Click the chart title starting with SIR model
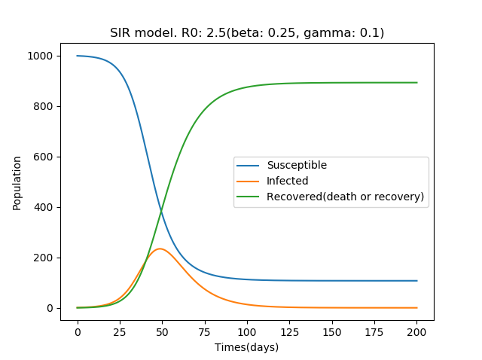tap(247, 32)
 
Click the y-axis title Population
tap(17, 182)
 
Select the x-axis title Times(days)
tap(247, 347)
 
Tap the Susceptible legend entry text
tap(297, 166)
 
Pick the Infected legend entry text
tap(287, 182)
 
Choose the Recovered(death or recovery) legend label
tap(345, 197)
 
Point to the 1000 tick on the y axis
tap(41, 56)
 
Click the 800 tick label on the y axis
tap(44, 106)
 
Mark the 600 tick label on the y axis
tap(44, 157)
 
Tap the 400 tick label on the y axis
tap(44, 207)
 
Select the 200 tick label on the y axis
tap(44, 258)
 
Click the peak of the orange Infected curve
tap(160, 249)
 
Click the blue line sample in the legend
tap(249, 166)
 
